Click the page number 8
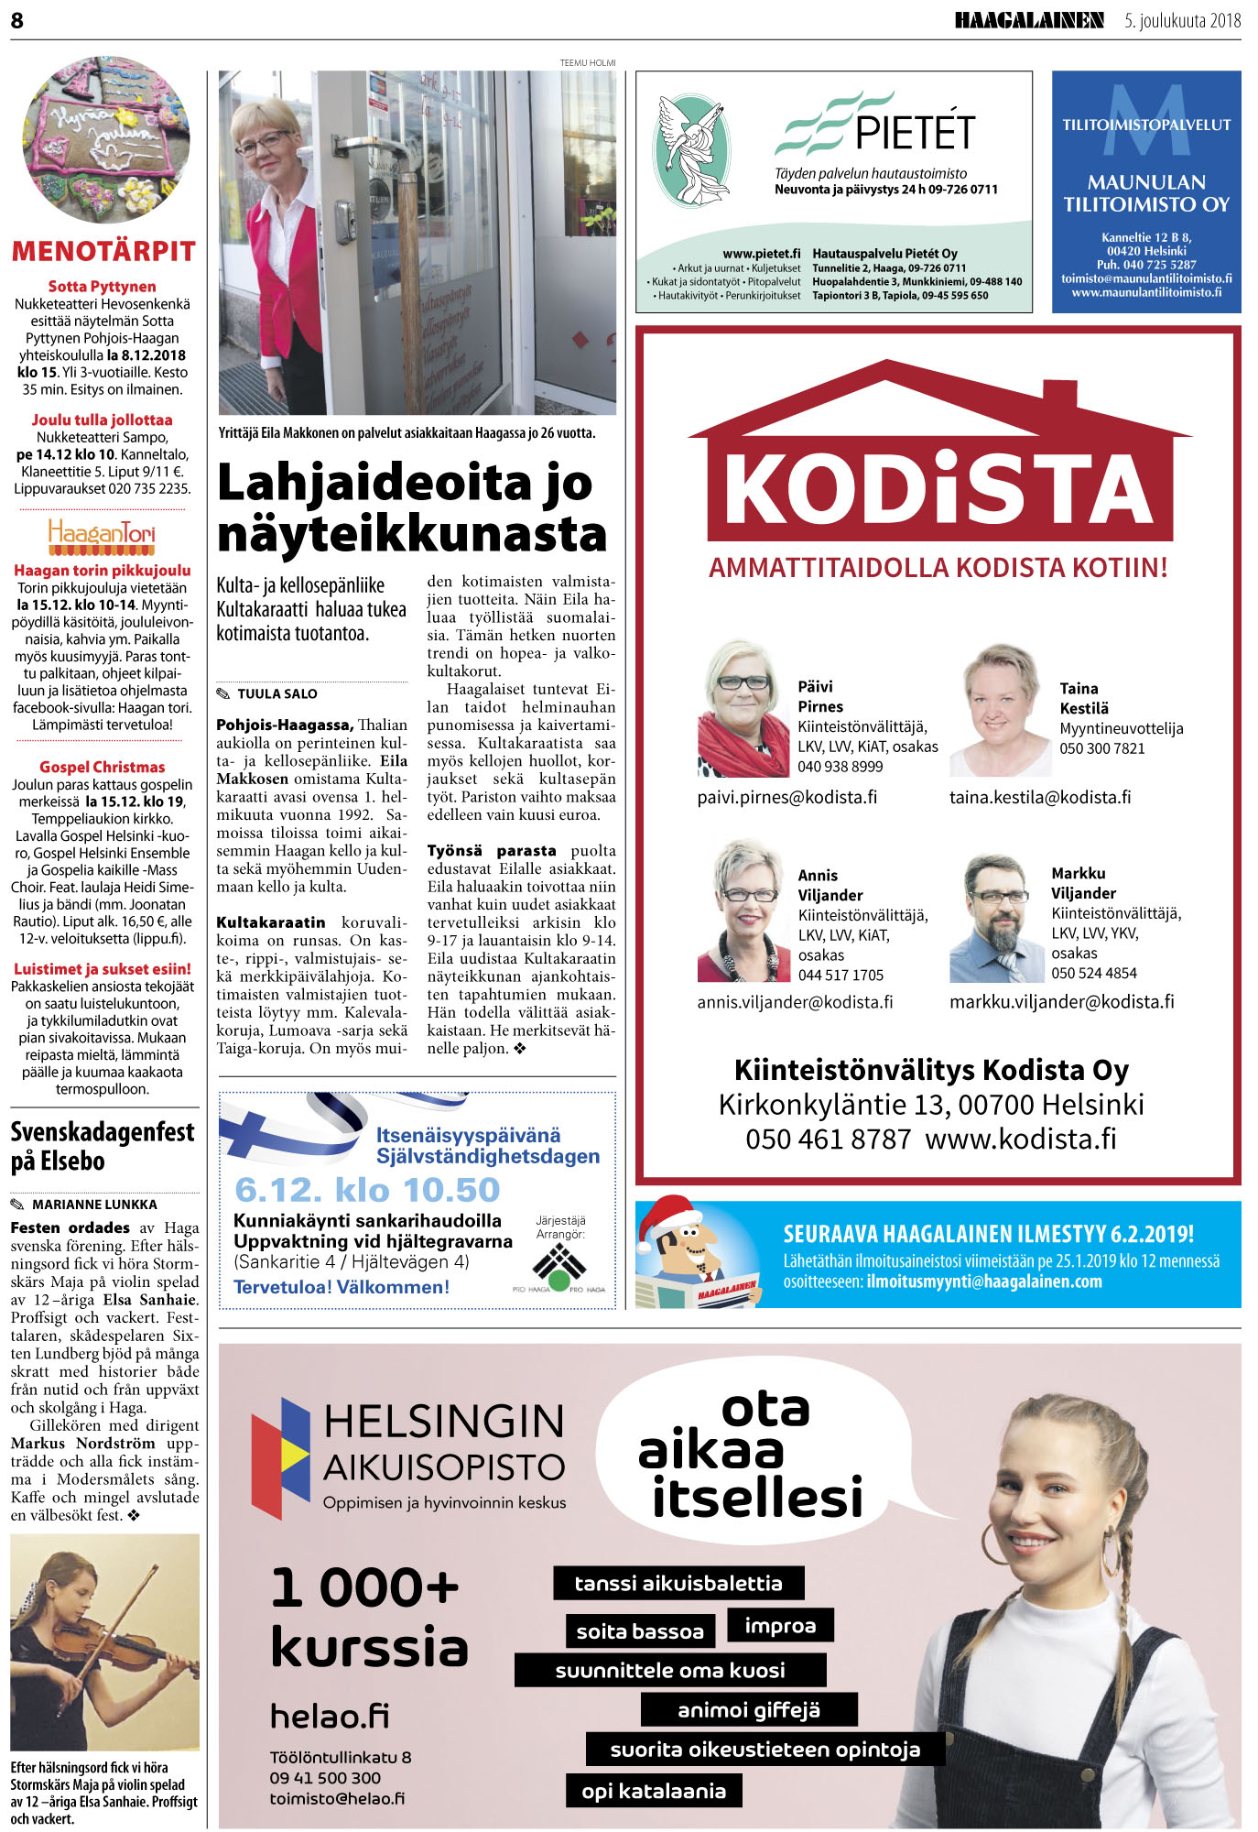[x=16, y=20]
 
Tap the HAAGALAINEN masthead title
[x=1028, y=20]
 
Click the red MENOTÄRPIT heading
[x=103, y=251]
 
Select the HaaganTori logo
[x=102, y=536]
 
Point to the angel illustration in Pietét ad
[x=693, y=149]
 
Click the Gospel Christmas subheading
[x=102, y=767]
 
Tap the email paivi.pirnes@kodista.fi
[x=786, y=797]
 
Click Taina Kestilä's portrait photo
[x=999, y=709]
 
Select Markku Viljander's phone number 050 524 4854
[x=1093, y=973]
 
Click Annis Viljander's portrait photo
[x=743, y=911]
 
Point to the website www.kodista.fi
[x=1021, y=1139]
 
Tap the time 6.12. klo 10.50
[x=367, y=1189]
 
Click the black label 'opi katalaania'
[x=653, y=1791]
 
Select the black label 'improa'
[x=779, y=1625]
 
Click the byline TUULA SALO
[x=277, y=693]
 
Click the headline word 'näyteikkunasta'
[x=412, y=534]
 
